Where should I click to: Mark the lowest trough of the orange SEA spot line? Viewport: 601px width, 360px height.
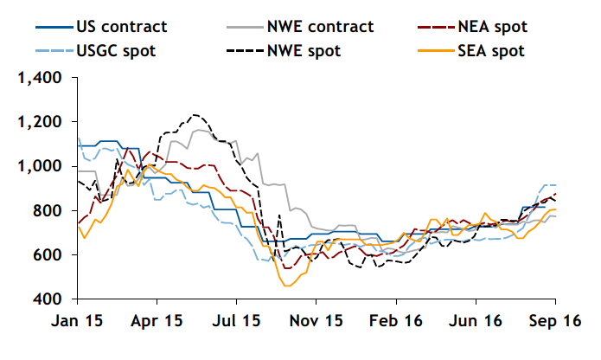coord(288,286)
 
